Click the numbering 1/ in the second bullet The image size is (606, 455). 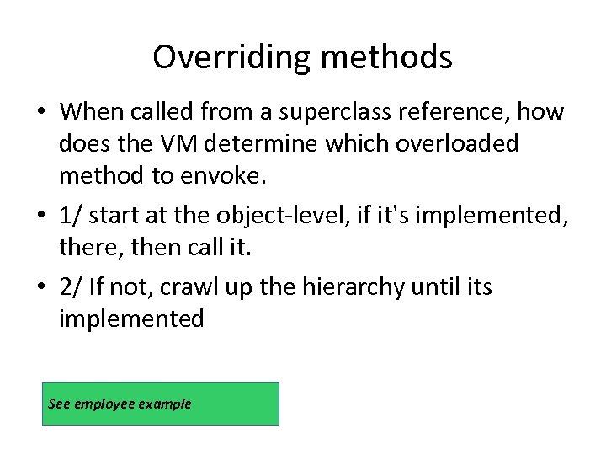(x=71, y=216)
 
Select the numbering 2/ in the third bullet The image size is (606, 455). (x=71, y=287)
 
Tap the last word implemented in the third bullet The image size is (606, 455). (x=131, y=319)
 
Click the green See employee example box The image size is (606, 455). (x=160, y=404)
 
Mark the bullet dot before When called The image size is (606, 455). (x=41, y=112)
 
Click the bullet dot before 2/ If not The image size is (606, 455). (x=41, y=288)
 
